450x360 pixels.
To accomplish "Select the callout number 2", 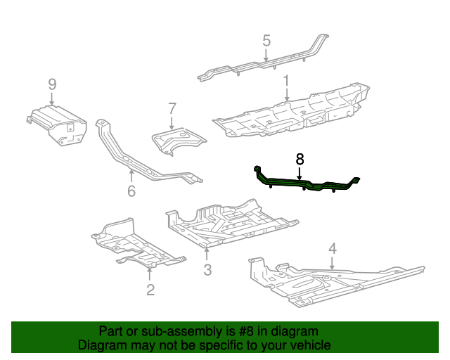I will tap(150, 290).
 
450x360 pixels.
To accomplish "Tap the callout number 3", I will tap(207, 270).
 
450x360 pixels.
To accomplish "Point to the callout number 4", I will tap(333, 247).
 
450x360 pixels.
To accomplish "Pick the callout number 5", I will tap(266, 40).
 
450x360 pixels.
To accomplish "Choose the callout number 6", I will tap(131, 191).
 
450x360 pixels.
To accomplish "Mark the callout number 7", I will tap(172, 108).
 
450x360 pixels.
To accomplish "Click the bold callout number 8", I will tap(300, 160).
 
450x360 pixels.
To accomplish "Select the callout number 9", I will tap(53, 84).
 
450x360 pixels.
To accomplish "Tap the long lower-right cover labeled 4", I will tap(330, 281).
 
